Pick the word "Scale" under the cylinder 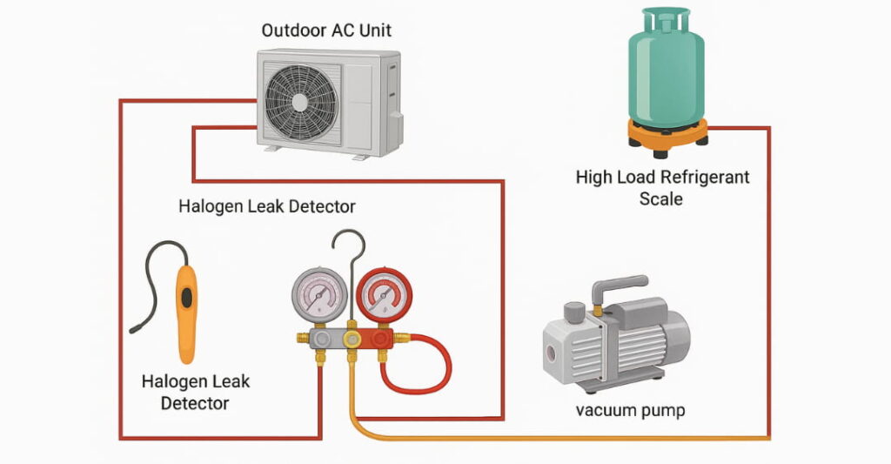pyautogui.click(x=661, y=199)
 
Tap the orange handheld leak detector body pyautogui.click(x=185, y=313)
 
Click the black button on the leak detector pyautogui.click(x=185, y=297)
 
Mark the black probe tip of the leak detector pyautogui.click(x=133, y=328)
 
